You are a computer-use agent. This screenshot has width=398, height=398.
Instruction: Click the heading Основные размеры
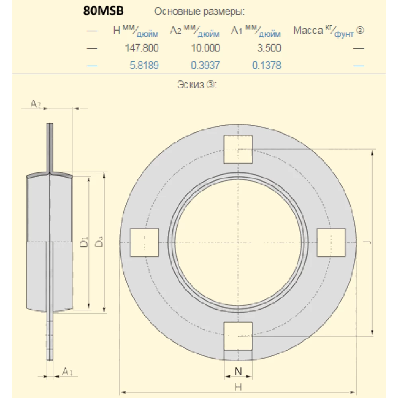[x=199, y=12]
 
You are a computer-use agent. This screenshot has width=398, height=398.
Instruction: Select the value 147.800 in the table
[x=142, y=48]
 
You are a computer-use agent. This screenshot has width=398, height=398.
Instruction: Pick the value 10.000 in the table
[x=205, y=48]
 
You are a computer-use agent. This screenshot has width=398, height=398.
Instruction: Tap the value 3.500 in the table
[x=269, y=48]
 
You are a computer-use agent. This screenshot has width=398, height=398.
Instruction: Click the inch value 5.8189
[x=144, y=65]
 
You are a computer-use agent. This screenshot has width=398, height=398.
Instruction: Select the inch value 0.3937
[x=205, y=65]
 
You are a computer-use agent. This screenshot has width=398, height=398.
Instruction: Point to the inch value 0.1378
[x=266, y=65]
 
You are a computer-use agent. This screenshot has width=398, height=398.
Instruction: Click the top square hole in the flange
[x=238, y=149]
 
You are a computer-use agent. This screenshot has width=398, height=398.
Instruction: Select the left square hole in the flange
[x=145, y=242]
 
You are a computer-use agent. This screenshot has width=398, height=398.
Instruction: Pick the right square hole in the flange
[x=331, y=242]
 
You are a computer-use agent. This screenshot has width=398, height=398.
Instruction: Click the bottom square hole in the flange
[x=238, y=336]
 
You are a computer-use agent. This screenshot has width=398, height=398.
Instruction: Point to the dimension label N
[x=238, y=372]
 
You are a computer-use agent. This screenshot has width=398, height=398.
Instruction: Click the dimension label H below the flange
[x=238, y=386]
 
